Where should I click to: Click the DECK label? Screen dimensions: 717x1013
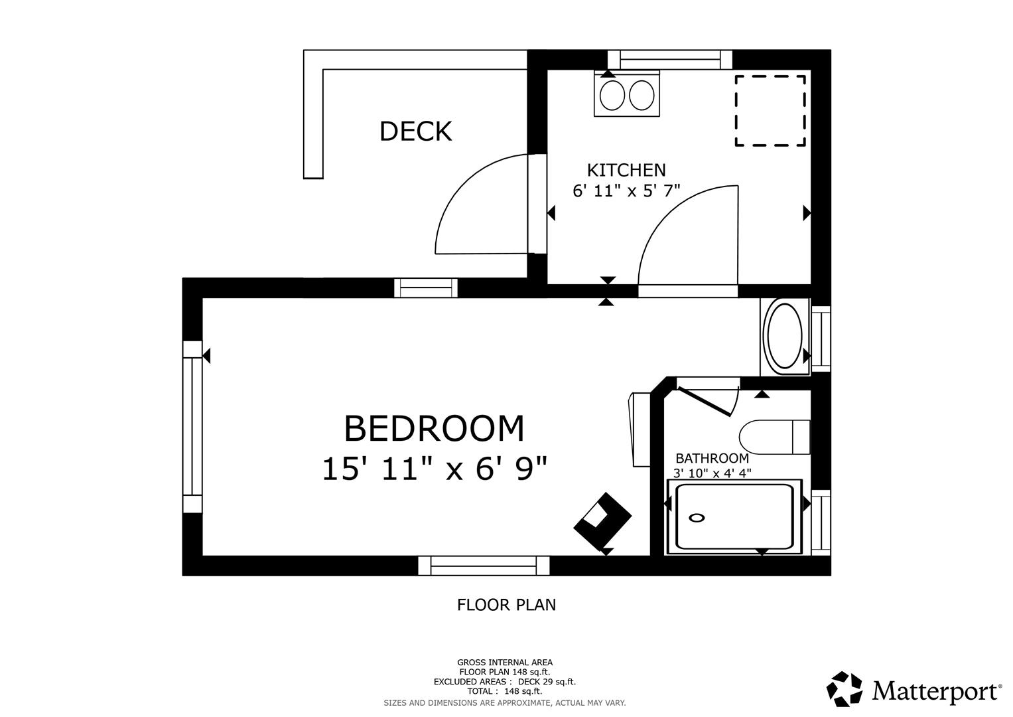tap(415, 131)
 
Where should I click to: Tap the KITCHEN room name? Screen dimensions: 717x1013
tap(626, 171)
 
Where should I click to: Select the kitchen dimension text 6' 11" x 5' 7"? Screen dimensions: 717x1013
tap(626, 191)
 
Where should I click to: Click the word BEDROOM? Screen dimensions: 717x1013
tap(434, 428)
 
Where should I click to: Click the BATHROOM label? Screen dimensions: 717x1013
tap(712, 458)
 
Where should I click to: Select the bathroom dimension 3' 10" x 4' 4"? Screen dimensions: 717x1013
tap(712, 473)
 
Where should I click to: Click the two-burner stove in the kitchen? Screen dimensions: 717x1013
tap(627, 95)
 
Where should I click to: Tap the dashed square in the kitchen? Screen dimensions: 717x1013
tap(770, 110)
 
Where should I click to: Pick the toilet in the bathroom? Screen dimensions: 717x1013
tap(774, 437)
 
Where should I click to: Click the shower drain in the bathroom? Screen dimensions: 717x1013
tap(697, 518)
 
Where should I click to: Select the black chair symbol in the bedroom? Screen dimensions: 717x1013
tap(602, 521)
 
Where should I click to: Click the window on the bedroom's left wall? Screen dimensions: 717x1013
tap(192, 426)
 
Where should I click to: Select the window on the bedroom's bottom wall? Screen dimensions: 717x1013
tap(483, 566)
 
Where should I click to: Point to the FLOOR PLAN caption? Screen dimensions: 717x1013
tap(506, 605)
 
